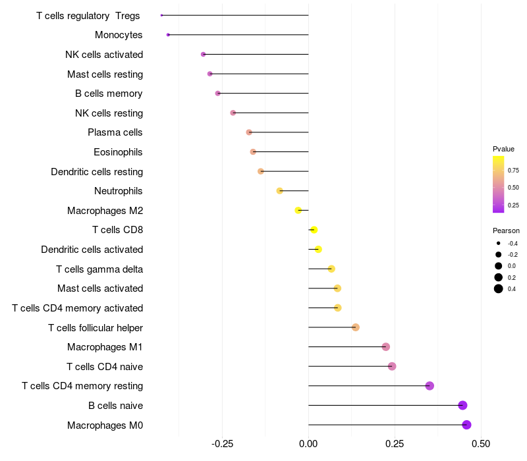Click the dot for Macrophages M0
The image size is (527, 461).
[x=466, y=425]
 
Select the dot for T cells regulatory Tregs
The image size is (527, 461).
[x=161, y=15]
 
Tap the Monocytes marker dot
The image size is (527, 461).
[x=168, y=35]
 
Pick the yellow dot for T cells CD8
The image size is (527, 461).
[x=314, y=230]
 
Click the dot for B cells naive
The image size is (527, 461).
[x=463, y=405]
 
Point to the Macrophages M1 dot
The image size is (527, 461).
[x=386, y=347]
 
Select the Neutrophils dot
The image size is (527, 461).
[x=279, y=191]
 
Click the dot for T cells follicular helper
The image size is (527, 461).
[x=356, y=327]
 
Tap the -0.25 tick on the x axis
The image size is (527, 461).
[x=222, y=444]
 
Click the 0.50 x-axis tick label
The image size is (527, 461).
[x=481, y=444]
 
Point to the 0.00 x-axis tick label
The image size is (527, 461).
[x=308, y=444]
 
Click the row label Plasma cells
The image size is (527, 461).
[x=115, y=132]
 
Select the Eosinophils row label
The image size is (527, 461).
[x=118, y=152]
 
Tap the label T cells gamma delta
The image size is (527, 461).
[x=99, y=269]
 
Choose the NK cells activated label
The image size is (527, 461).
[x=104, y=55]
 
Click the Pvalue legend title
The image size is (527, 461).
[x=503, y=149]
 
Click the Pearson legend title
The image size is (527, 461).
[x=506, y=230]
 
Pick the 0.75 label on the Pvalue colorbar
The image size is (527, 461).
[x=513, y=171]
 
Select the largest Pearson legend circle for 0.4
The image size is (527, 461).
[x=499, y=288]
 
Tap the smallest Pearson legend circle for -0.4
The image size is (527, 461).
[x=499, y=243]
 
